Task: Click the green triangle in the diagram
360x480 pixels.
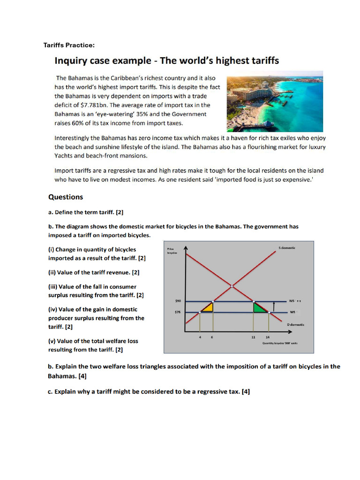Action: [258, 307]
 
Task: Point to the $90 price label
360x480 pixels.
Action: [172, 301]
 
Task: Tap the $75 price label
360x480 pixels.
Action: [172, 312]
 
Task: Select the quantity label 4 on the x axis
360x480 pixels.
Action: [200, 337]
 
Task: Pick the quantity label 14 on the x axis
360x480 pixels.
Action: [267, 337]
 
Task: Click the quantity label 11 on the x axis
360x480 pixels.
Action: [253, 337]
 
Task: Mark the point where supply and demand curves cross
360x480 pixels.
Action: [232, 285]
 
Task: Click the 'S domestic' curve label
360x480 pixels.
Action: [286, 247]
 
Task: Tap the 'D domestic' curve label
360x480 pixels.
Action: [295, 324]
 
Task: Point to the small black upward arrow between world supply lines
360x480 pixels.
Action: [273, 307]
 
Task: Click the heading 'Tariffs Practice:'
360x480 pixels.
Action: [69, 45]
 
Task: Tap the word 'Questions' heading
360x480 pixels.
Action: [66, 197]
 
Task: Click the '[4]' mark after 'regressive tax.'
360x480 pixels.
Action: [246, 392]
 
